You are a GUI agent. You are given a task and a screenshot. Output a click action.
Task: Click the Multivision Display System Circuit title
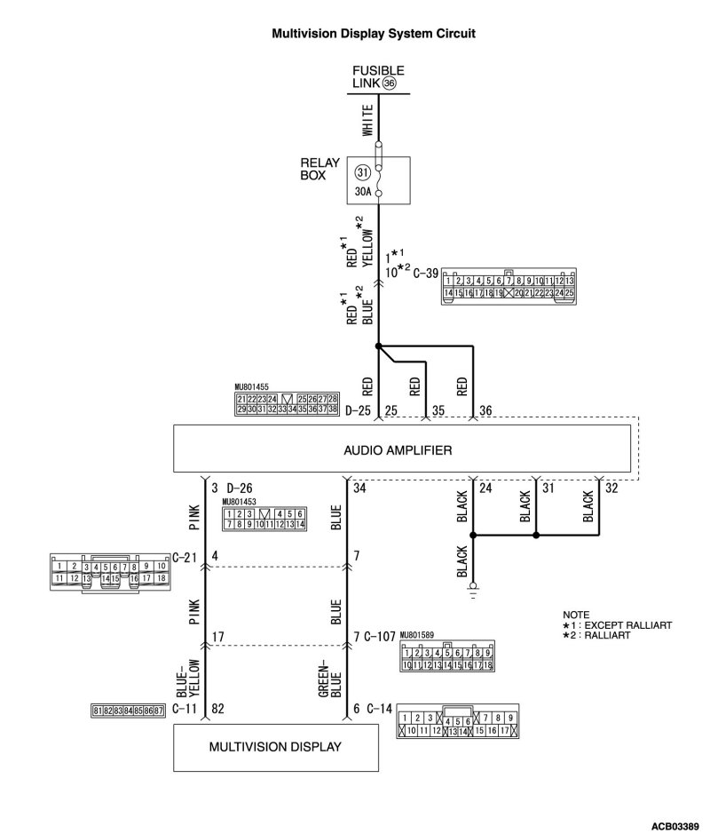pyautogui.click(x=373, y=33)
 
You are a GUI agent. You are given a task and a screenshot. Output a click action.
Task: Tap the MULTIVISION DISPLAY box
pyautogui.click(x=274, y=746)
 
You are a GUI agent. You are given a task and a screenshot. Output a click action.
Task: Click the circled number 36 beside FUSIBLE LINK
pyautogui.click(x=389, y=83)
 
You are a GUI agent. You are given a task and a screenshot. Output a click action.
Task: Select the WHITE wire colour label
pyautogui.click(x=366, y=123)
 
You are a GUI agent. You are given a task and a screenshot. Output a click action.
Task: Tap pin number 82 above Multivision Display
pyautogui.click(x=217, y=709)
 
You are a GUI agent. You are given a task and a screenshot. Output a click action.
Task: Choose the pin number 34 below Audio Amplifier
pyautogui.click(x=359, y=488)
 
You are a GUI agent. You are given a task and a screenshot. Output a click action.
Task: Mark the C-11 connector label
pyautogui.click(x=185, y=709)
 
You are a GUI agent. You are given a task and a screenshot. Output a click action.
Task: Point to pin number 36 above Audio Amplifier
pyautogui.click(x=485, y=411)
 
